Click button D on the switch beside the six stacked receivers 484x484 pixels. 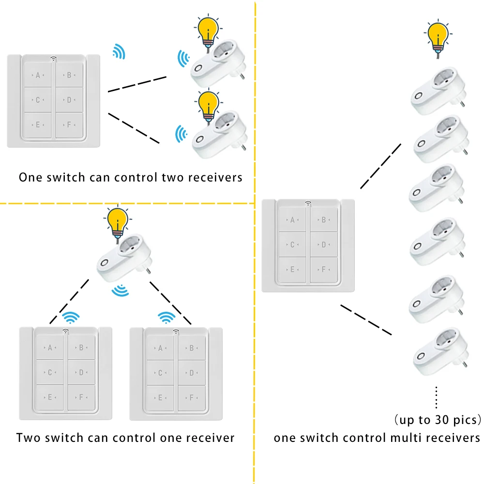coord(324,245)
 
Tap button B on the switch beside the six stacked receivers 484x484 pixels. coord(324,220)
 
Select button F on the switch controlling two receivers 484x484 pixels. coord(69,125)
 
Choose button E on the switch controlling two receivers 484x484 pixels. coord(37,125)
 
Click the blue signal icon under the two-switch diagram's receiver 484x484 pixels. coord(120,291)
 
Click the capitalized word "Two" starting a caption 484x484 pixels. coord(28,438)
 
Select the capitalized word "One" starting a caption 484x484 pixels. coord(30,177)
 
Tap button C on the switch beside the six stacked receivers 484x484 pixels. coord(292,245)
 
